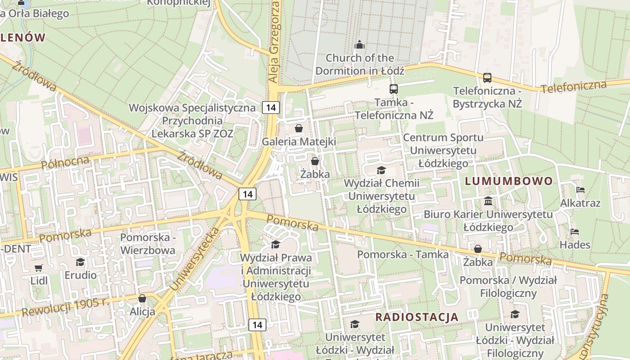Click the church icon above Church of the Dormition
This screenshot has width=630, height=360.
click(x=359, y=45)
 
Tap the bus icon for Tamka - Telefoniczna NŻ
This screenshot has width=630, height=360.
click(x=393, y=89)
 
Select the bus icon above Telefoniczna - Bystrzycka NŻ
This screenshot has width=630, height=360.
click(x=487, y=77)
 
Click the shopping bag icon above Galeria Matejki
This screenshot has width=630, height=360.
click(x=298, y=128)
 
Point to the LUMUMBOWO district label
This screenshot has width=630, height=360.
click(x=508, y=181)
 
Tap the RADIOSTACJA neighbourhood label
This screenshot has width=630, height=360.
click(x=417, y=317)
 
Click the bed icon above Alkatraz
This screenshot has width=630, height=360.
click(x=580, y=190)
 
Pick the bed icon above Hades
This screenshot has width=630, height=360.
click(x=575, y=232)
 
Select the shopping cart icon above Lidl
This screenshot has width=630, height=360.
click(x=39, y=268)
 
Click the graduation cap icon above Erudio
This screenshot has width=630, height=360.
click(x=81, y=262)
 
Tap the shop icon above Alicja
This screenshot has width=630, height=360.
click(x=142, y=298)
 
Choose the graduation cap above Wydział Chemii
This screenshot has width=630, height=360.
click(x=381, y=170)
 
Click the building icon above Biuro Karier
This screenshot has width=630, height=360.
click(x=488, y=201)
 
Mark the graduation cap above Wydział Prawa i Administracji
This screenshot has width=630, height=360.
click(x=275, y=244)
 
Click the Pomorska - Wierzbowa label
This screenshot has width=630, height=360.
click(x=148, y=243)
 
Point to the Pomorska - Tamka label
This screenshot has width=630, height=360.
click(x=403, y=254)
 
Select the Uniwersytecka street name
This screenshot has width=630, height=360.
click(x=194, y=259)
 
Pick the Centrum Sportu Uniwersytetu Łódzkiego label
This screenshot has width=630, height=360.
click(x=443, y=150)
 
